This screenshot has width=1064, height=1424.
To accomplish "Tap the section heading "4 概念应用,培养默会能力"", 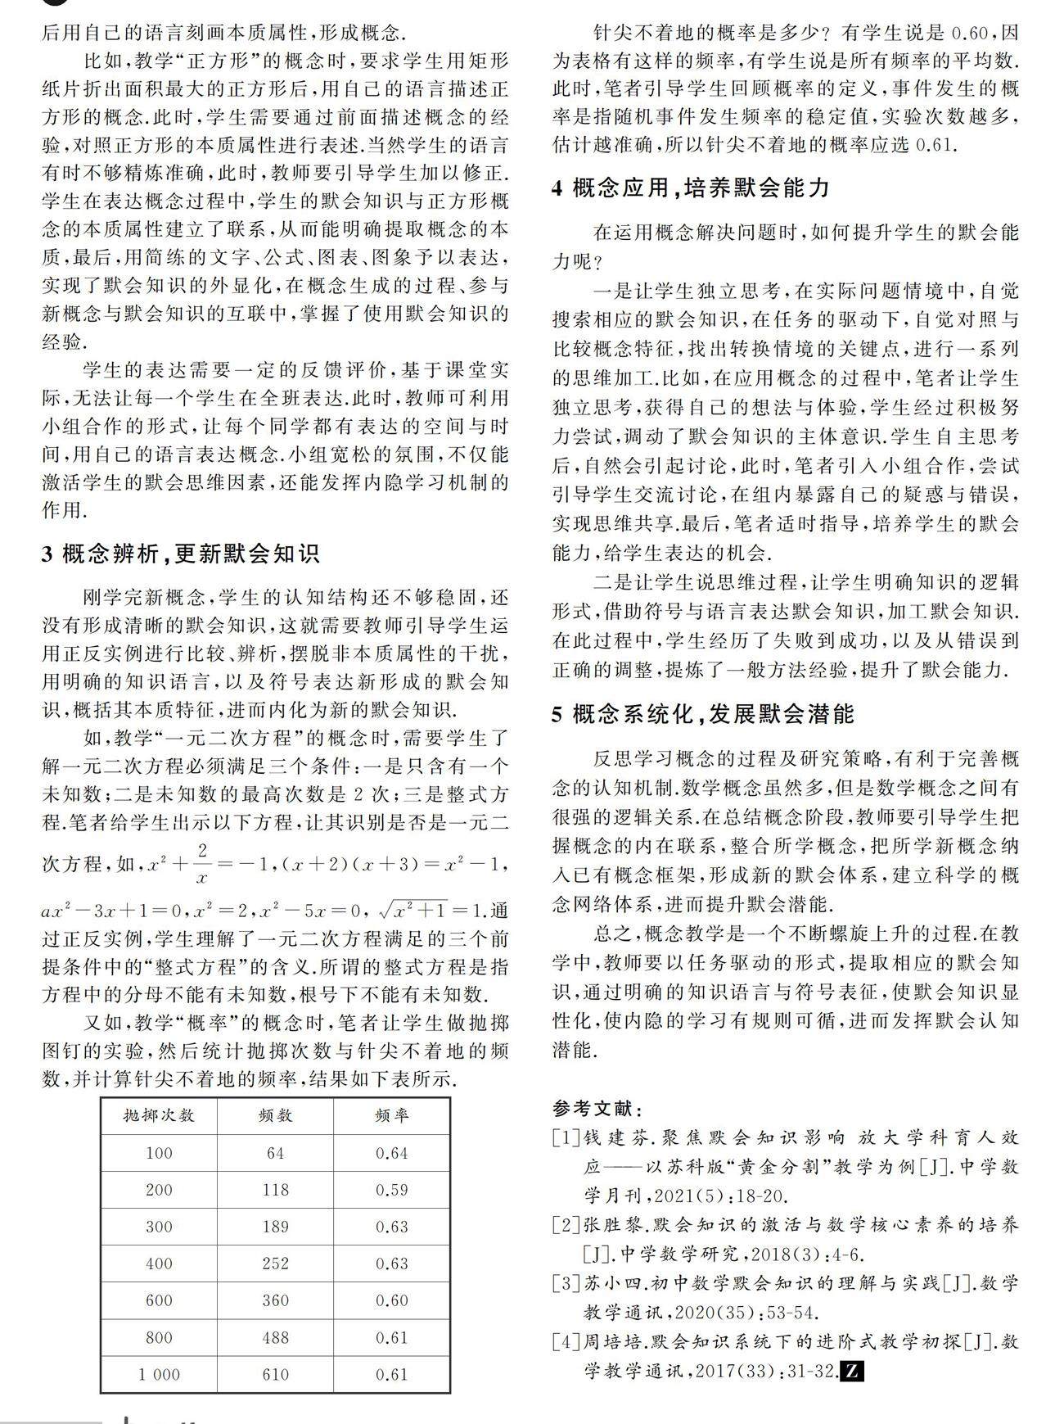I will (x=691, y=188).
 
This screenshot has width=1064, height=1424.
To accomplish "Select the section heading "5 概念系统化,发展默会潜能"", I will (x=703, y=715).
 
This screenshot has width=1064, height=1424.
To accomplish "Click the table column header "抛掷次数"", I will (x=159, y=1115).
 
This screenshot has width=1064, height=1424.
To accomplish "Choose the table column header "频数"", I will (x=275, y=1115).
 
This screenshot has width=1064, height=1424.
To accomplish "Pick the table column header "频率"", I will (x=391, y=1115).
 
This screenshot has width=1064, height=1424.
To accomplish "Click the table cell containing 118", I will (x=275, y=1190).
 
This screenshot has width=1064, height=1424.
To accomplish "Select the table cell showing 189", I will (x=275, y=1227).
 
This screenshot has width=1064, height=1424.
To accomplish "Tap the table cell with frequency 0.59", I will (x=391, y=1190).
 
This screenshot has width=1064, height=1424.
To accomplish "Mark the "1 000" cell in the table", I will (x=159, y=1374).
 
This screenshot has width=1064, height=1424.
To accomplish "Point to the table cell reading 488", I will (x=275, y=1337).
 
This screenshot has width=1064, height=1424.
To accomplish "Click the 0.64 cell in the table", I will (x=391, y=1153).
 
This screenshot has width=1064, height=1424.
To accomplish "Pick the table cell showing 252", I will (x=275, y=1264).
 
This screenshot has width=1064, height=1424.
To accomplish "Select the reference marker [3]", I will (x=566, y=1283).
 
